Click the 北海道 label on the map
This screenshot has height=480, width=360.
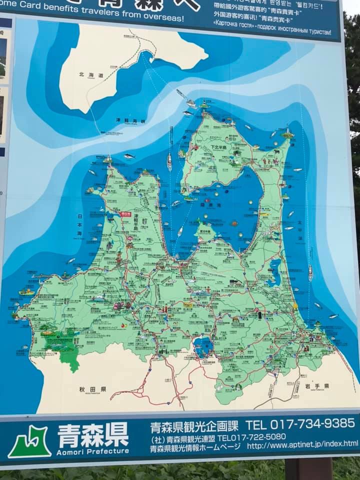(x=90, y=75)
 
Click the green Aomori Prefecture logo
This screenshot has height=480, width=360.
(x=29, y=441)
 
